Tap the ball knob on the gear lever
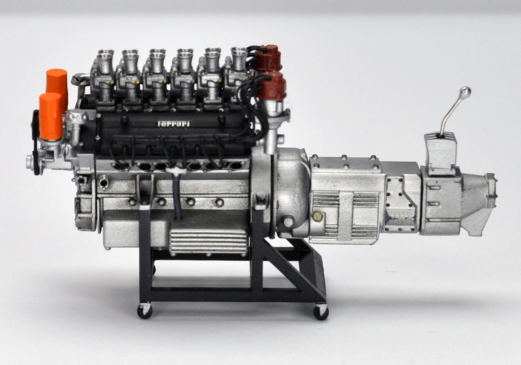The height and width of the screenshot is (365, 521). pyautogui.click(x=466, y=90)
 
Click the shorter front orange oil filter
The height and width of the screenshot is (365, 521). pyautogui.click(x=50, y=116)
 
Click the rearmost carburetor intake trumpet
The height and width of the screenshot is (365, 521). pyautogui.click(x=239, y=58)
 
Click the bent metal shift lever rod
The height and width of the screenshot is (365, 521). pyautogui.click(x=451, y=115)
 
